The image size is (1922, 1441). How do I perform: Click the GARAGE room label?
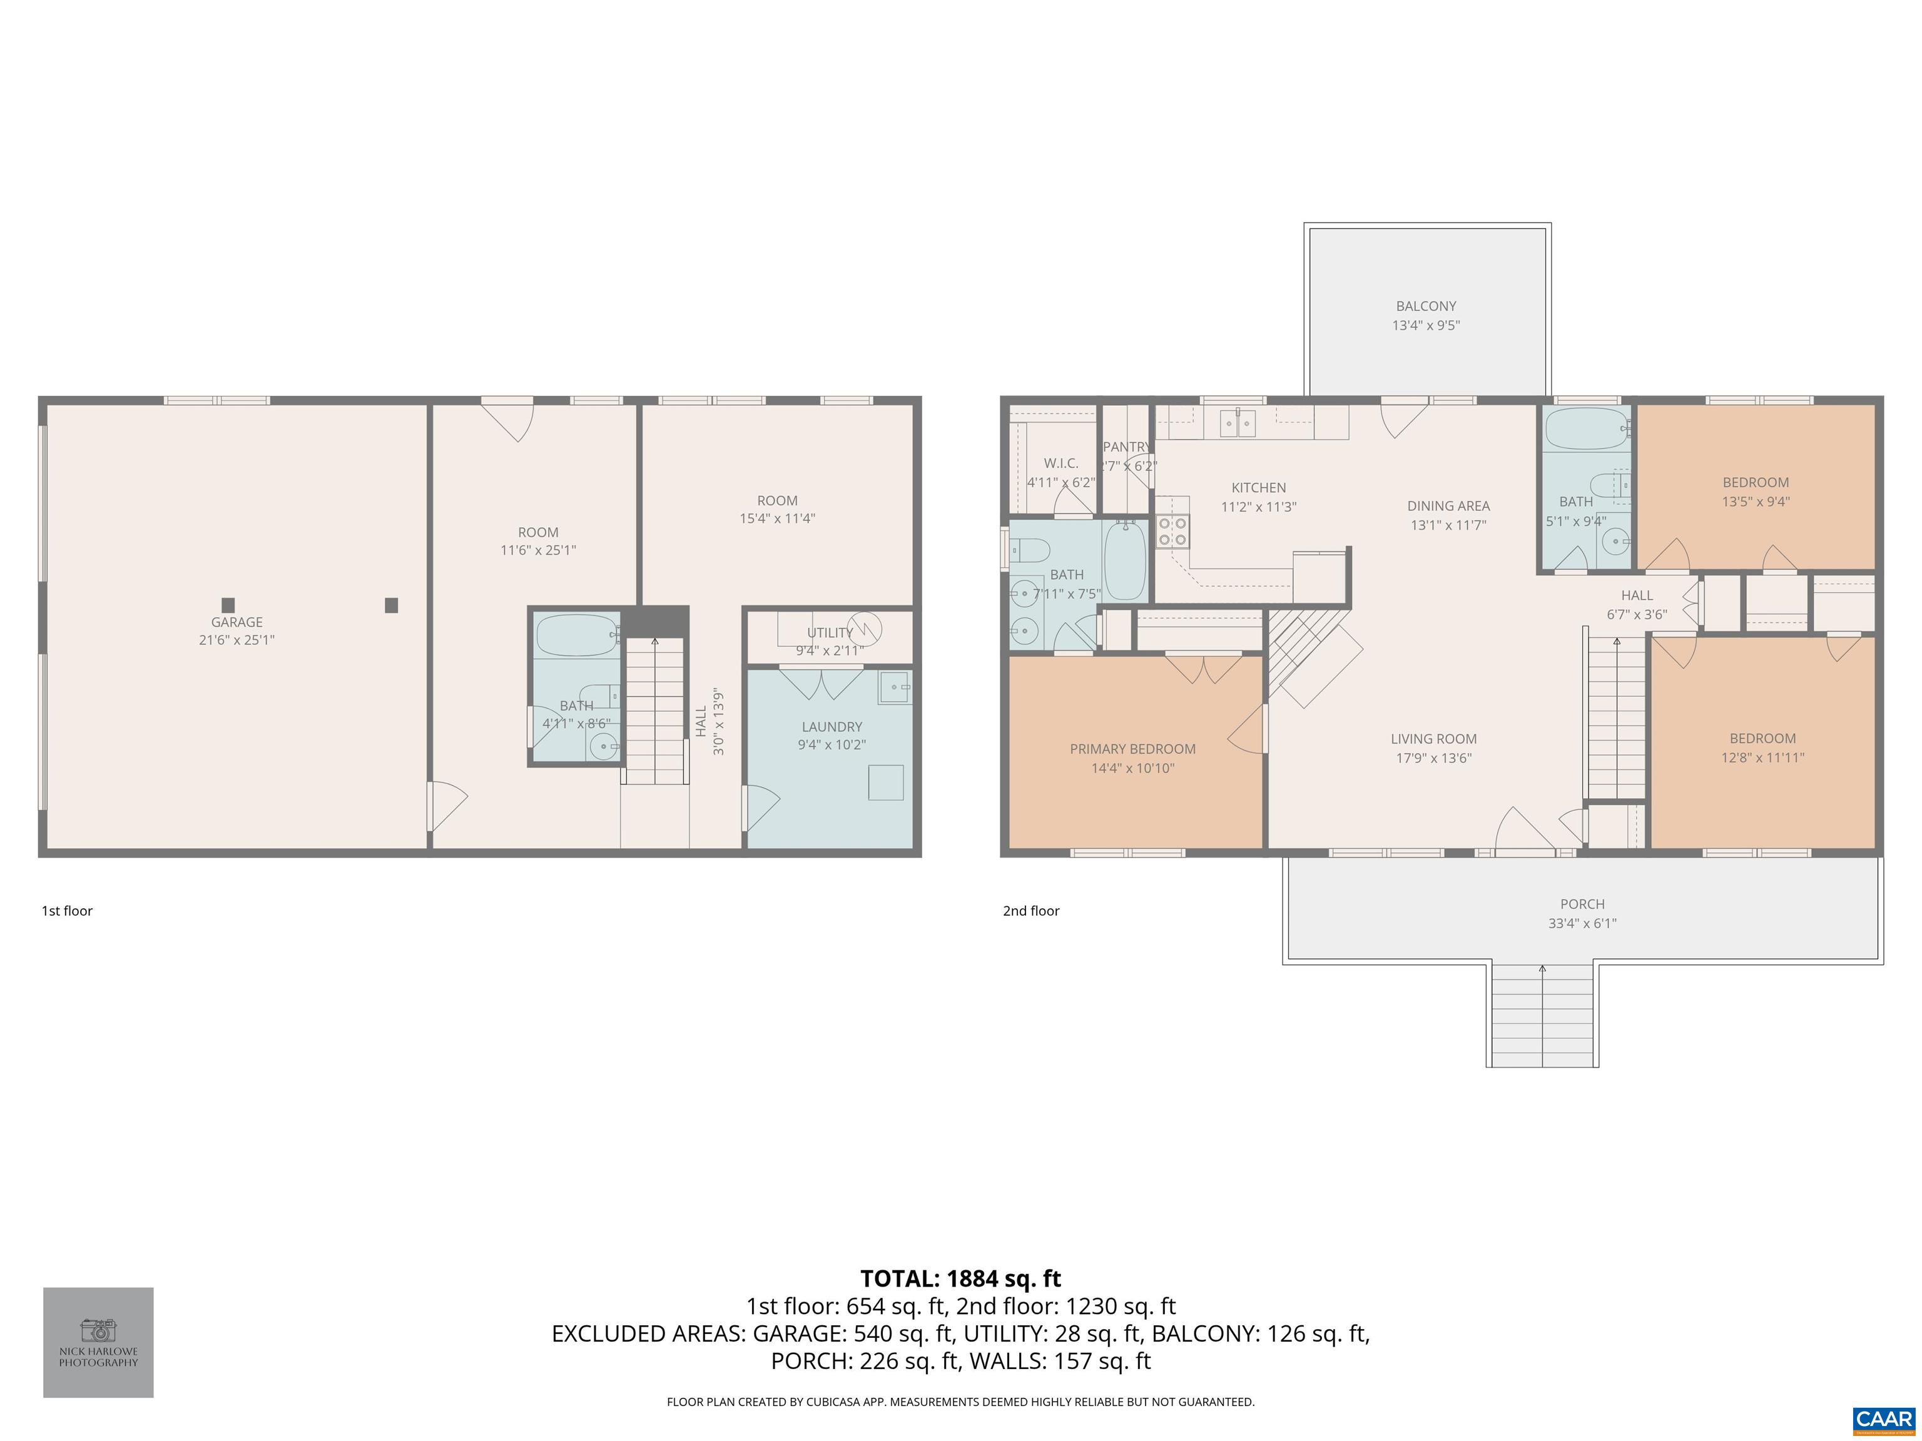click(236, 622)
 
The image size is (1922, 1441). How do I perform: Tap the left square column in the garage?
click(228, 605)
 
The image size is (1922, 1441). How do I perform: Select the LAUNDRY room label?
click(831, 727)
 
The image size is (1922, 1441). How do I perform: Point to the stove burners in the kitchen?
click(1172, 531)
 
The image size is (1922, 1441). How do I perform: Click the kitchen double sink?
click(1238, 423)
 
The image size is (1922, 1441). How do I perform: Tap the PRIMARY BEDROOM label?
click(1132, 749)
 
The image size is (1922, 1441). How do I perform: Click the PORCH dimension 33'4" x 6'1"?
click(1582, 923)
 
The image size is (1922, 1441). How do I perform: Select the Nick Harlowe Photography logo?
click(98, 1342)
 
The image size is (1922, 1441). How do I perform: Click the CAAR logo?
click(1883, 1418)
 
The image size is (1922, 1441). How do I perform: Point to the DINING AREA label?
click(1448, 505)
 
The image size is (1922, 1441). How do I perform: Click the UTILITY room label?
click(830, 632)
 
